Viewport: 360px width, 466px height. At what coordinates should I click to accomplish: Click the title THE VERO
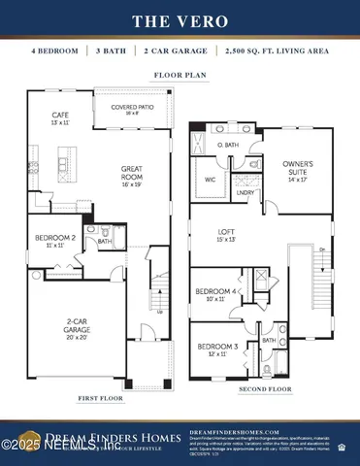[180, 19]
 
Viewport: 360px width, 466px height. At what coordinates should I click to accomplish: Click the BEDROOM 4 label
[217, 294]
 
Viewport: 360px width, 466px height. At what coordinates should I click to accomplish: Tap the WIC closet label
[211, 181]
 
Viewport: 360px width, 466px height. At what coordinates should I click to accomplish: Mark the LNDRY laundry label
[247, 193]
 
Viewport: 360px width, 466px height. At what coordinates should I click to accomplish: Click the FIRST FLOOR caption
[101, 398]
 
